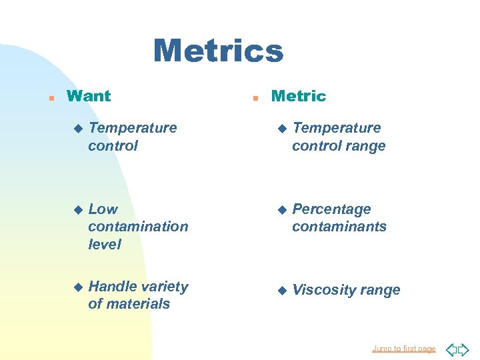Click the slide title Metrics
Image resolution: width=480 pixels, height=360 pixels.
pyautogui.click(x=218, y=51)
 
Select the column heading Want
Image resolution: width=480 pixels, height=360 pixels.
pyautogui.click(x=89, y=96)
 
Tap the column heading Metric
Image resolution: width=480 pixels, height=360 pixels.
pyautogui.click(x=299, y=96)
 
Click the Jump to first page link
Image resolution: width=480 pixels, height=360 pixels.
pyautogui.click(x=404, y=349)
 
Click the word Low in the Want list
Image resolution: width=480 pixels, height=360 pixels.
pyautogui.click(x=103, y=209)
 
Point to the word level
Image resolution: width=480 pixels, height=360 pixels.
pyautogui.click(x=105, y=244)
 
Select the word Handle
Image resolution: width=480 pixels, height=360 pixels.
pyautogui.click(x=111, y=287)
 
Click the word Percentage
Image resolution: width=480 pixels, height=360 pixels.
pyautogui.click(x=331, y=209)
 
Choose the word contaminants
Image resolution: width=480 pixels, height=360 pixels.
pyautogui.click(x=339, y=227)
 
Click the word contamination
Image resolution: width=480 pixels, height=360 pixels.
pyautogui.click(x=138, y=227)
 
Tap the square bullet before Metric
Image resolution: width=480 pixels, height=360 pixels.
pyautogui.click(x=255, y=97)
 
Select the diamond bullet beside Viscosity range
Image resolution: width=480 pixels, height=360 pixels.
pyautogui.click(x=282, y=290)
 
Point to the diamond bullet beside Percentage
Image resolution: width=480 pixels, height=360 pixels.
pyautogui.click(x=282, y=209)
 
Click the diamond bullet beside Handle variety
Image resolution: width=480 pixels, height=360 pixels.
pyautogui.click(x=78, y=287)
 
